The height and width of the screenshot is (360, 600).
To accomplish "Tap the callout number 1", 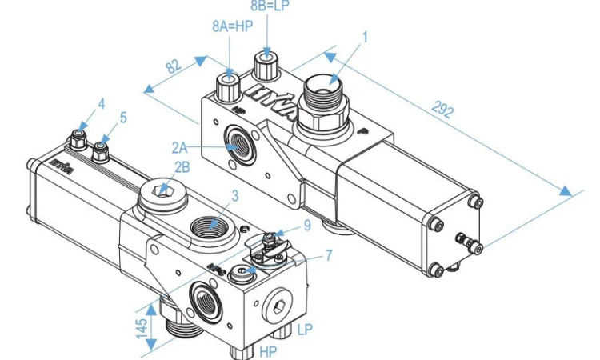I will [x=365, y=37].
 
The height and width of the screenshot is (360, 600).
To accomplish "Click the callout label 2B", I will [x=182, y=167].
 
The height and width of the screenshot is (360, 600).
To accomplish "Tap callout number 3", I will [x=234, y=194].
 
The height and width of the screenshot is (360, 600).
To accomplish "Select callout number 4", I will [x=102, y=104].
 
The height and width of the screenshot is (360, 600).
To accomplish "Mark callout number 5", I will [x=123, y=118].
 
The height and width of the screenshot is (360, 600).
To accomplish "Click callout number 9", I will [x=306, y=226].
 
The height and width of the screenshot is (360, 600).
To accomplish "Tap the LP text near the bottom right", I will [x=304, y=329].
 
